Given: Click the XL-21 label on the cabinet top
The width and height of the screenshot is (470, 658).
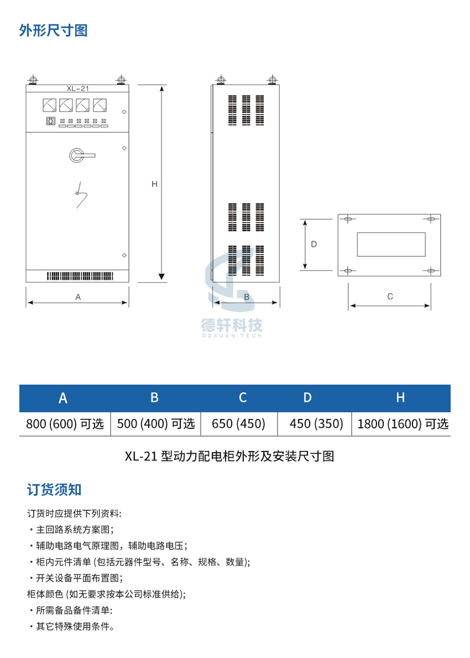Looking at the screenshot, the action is pos(77,89).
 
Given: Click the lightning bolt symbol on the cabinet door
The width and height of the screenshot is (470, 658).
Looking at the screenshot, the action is pos(81,195).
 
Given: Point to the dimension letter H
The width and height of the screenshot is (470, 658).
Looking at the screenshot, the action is pos(154,184).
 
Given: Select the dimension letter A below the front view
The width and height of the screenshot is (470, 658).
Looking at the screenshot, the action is pos(78,297).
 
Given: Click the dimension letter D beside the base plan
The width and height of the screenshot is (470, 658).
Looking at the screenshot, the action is pos(314,244).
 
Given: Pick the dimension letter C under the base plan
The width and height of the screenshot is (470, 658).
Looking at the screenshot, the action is pos(390,296).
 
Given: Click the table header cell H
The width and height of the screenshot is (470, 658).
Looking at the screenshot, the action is pos(400,397).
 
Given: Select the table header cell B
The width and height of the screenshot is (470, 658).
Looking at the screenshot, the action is pos(155,397).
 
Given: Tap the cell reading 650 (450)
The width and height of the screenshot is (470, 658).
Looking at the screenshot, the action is pos(238,424).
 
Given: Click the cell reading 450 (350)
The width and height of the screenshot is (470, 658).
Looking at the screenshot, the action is pos(316,424).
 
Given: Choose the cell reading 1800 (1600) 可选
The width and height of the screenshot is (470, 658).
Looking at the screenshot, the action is pos(403,424).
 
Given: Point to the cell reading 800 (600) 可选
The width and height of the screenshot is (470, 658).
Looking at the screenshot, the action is pos(65,424).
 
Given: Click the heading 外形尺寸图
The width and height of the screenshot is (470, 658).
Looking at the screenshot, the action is pos(53,30).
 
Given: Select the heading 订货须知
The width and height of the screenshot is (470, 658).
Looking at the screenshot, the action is pos(54,489).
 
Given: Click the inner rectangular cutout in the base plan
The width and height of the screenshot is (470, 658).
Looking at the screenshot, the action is pos(391,244).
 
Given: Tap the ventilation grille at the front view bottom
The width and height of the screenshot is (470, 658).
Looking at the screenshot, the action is pos(80,276).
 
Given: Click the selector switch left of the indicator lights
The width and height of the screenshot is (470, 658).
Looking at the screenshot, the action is pos(50,121).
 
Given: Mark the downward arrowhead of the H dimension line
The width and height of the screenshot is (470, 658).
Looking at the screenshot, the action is pos(161,277).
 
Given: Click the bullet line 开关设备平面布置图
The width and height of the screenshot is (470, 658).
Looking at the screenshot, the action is pos(76,578).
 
